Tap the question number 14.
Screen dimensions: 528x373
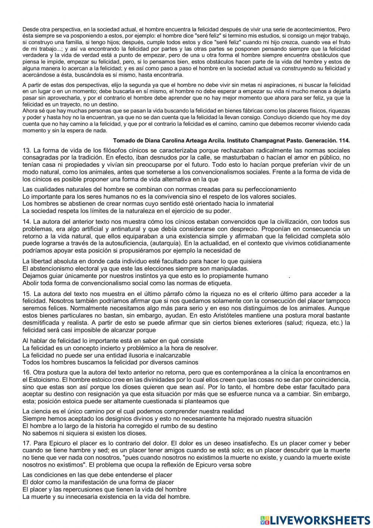click(26, 222)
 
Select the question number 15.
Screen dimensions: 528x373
click(26, 294)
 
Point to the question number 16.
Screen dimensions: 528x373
click(26, 372)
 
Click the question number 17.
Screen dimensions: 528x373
click(26, 444)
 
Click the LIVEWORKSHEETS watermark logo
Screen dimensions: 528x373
click(315, 520)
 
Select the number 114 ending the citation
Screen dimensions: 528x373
click(345, 141)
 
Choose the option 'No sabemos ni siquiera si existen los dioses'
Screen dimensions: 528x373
click(85, 433)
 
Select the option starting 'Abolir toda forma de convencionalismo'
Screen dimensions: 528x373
click(127, 283)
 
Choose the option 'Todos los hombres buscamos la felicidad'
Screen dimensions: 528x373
click(110, 362)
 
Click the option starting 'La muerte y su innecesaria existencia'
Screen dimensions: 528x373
click(106, 497)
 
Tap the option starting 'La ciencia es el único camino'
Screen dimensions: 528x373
click(133, 411)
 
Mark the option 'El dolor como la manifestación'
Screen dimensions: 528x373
click(98, 482)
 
